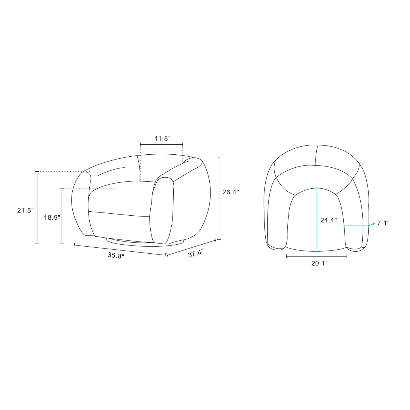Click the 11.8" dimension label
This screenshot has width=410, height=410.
163,138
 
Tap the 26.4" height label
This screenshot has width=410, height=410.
230,192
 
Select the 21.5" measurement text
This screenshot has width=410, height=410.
26,211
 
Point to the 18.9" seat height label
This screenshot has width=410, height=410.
52,217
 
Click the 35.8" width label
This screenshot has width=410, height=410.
116,256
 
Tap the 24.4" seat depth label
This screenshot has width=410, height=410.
329,220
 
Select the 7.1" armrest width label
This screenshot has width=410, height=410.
383,223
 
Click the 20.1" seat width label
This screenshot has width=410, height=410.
319,263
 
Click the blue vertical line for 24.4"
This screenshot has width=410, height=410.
316,220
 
